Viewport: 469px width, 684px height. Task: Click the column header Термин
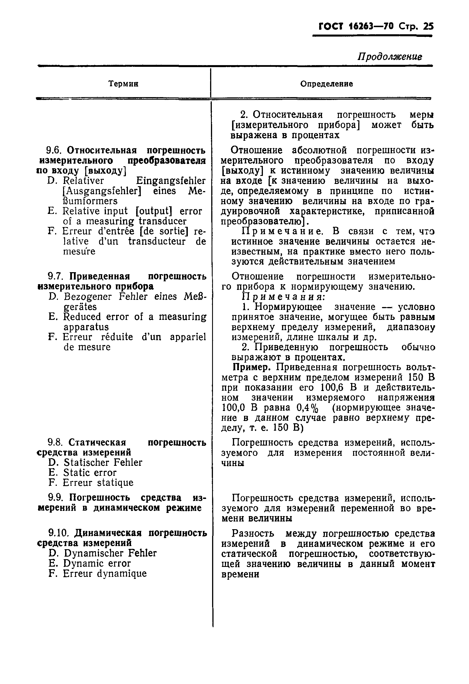pyautogui.click(x=123, y=84)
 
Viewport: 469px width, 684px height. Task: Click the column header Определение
pyautogui.click(x=326, y=84)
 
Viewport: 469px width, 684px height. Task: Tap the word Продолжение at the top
pyautogui.click(x=390, y=57)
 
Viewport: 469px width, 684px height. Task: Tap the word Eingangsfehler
pyautogui.click(x=171, y=181)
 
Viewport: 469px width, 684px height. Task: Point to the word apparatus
pyautogui.click(x=86, y=327)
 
